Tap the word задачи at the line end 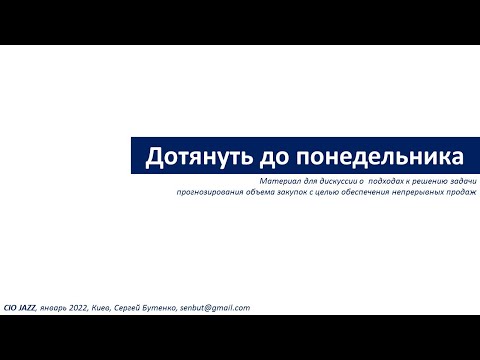pos(462,181)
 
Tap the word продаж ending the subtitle pos(465,192)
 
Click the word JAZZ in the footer pos(28,309)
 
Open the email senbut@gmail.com pos(215,309)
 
